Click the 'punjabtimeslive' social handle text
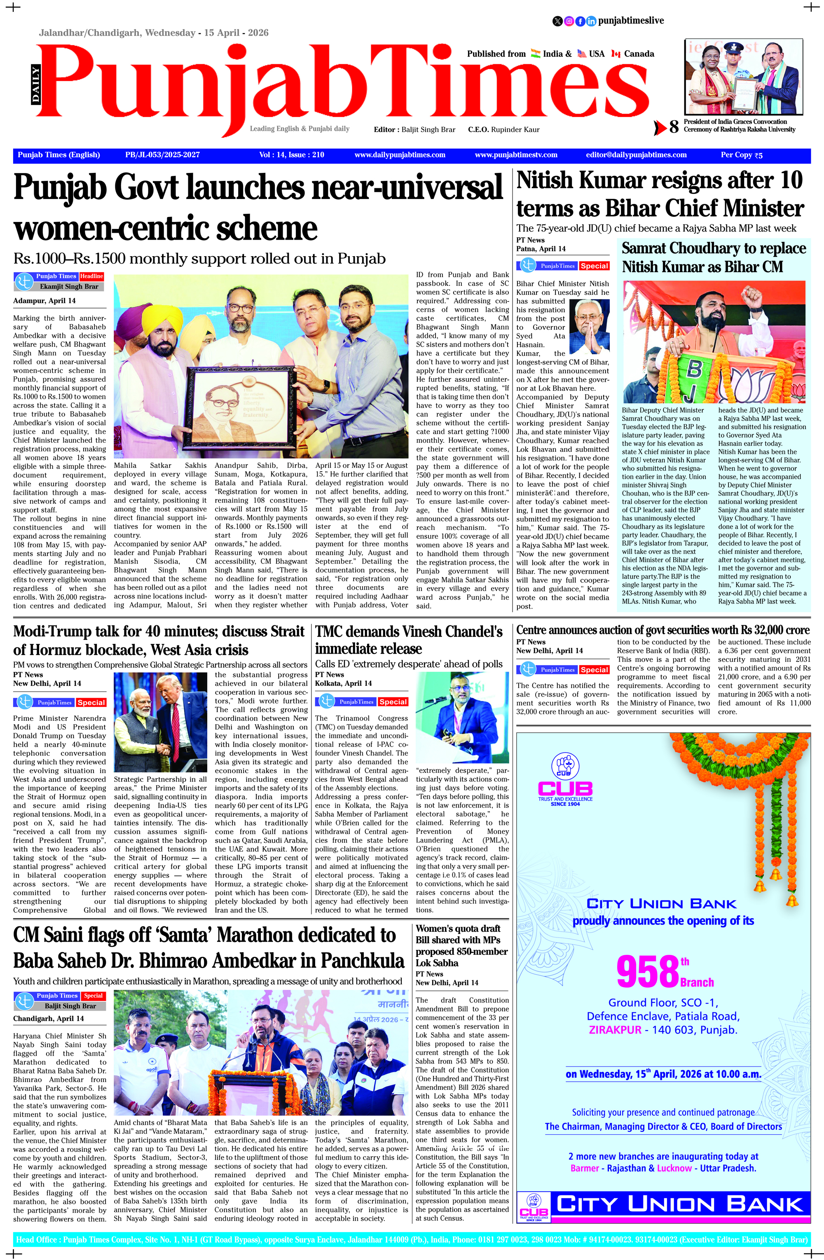pos(631,21)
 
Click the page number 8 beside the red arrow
pos(674,127)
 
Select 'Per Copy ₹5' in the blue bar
pos(741,155)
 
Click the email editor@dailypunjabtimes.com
pos(636,155)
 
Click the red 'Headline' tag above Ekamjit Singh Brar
pos(91,276)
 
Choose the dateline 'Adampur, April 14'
pos(44,301)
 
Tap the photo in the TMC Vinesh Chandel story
pos(462,718)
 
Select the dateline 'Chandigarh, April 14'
pos(49,1019)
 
